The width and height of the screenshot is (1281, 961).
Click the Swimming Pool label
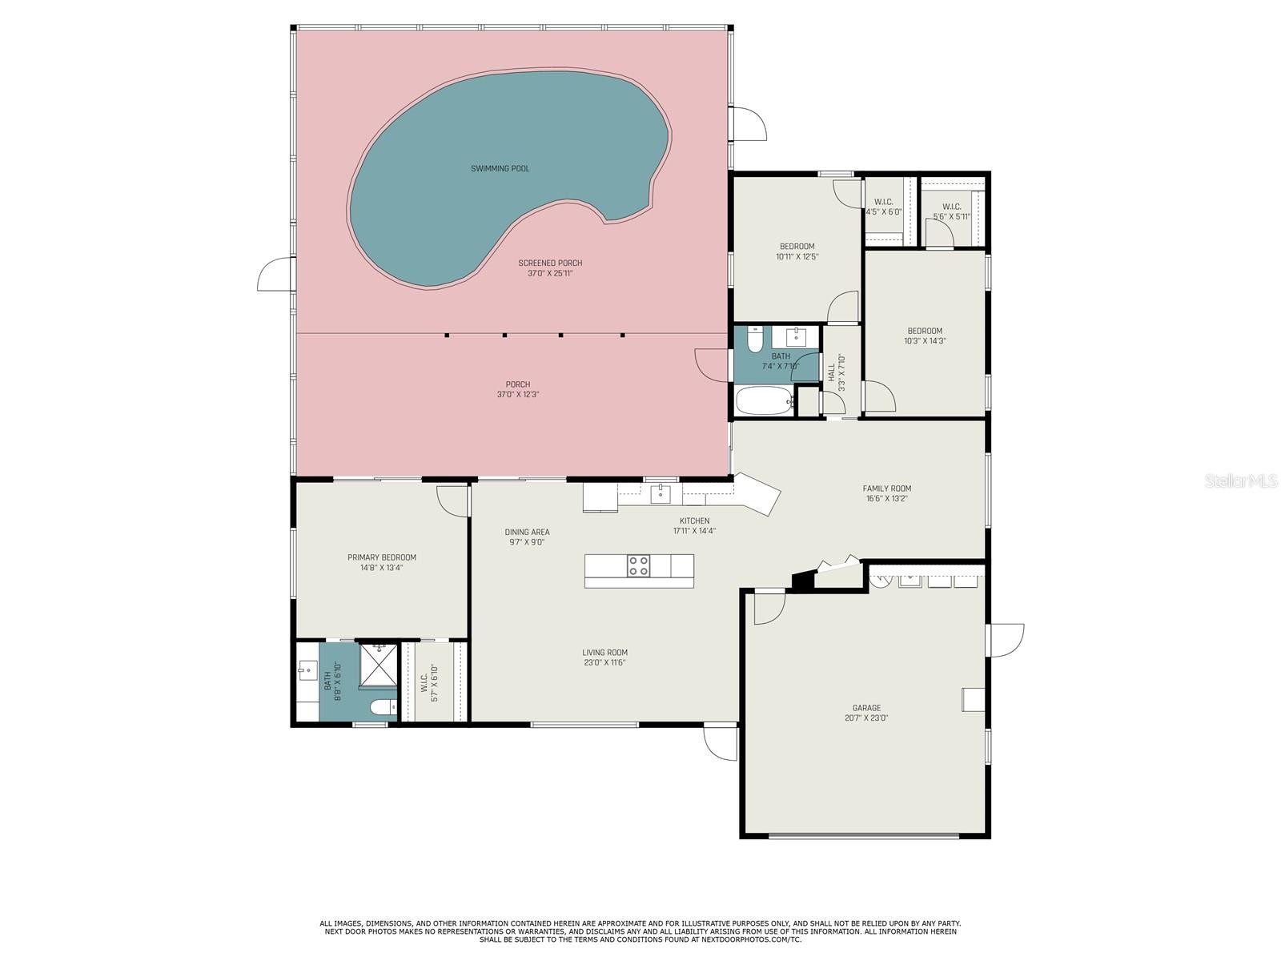pyautogui.click(x=500, y=169)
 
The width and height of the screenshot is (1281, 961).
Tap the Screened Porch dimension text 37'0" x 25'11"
pyautogui.click(x=550, y=273)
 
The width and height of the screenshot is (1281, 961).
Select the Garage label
pyautogui.click(x=866, y=708)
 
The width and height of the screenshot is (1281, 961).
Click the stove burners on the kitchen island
pyautogui.click(x=638, y=566)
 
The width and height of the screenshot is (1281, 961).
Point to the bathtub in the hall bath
pyautogui.click(x=764, y=401)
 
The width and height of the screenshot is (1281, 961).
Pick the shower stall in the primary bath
pyautogui.click(x=379, y=665)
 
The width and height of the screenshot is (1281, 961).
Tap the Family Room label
pyautogui.click(x=886, y=489)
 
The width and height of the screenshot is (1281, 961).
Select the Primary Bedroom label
pyautogui.click(x=382, y=557)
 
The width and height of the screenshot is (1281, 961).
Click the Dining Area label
pyautogui.click(x=527, y=532)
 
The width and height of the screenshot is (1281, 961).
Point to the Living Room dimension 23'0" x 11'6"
pyautogui.click(x=604, y=662)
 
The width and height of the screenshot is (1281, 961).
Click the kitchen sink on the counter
pyautogui.click(x=660, y=493)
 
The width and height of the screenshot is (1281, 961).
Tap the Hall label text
pyautogui.click(x=831, y=373)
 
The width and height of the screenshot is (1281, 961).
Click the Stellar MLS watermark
pyautogui.click(x=1241, y=480)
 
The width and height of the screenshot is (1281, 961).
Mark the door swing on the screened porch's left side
pyautogui.click(x=275, y=274)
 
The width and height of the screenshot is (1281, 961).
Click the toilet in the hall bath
pyautogui.click(x=754, y=340)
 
